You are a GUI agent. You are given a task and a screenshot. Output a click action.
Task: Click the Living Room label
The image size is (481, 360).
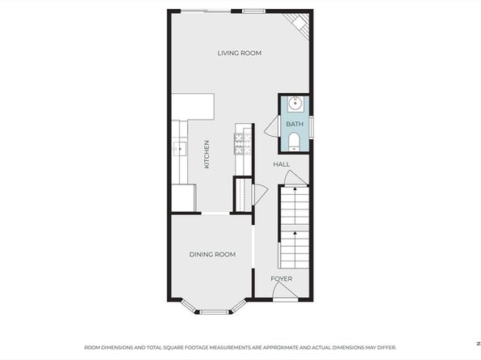(239, 53)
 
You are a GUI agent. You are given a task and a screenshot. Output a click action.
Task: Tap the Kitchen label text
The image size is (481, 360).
(206, 155)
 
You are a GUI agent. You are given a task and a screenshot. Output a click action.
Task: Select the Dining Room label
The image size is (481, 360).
(212, 254)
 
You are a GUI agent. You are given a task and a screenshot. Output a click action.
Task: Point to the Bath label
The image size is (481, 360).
(295, 124)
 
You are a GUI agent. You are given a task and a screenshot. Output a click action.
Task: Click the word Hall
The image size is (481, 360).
(281, 164)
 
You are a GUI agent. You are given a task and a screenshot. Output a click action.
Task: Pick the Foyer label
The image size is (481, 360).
(281, 279)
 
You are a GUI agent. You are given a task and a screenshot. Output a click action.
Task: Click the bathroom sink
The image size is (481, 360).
(295, 104)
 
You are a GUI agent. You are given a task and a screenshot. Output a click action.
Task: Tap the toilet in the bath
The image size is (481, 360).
(295, 142)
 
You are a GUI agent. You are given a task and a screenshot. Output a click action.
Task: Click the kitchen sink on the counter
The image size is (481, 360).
(180, 149)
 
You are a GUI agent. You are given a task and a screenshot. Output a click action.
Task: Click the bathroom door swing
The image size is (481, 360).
(272, 125)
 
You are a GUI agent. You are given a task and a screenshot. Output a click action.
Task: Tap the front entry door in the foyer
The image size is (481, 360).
(285, 290)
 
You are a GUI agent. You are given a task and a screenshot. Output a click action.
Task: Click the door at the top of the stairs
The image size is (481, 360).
(295, 178)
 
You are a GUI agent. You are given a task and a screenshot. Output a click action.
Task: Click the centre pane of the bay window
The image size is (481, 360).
(215, 312)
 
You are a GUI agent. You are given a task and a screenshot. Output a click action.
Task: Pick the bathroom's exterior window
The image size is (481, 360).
(311, 126)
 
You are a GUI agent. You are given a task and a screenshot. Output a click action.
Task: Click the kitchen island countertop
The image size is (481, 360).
(193, 107)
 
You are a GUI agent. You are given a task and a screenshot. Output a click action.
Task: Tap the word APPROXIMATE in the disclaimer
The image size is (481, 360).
(280, 348)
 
